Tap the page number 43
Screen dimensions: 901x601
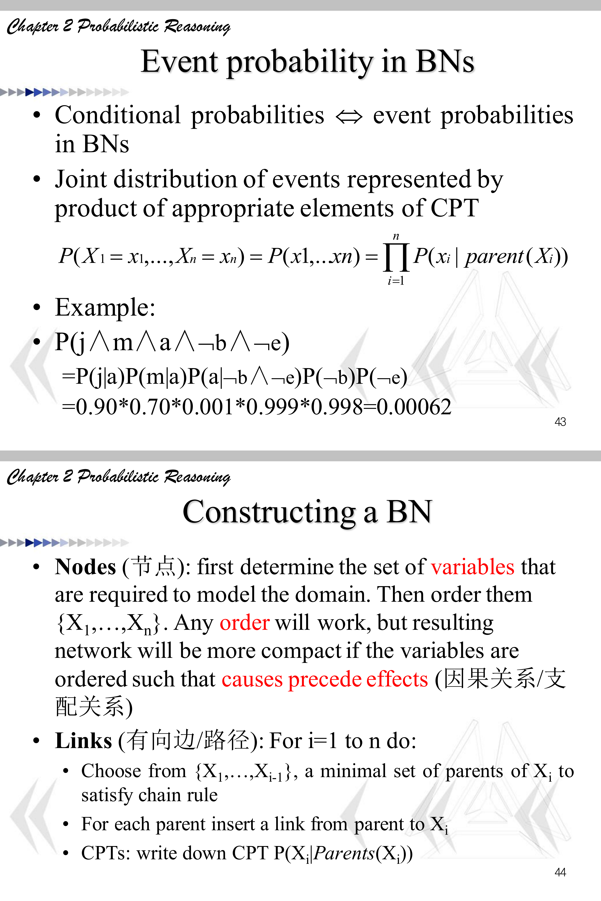point(560,422)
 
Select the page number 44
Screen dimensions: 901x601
point(560,872)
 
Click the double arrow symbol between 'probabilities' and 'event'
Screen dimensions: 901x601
point(348,117)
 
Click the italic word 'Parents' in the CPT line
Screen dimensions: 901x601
point(344,853)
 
